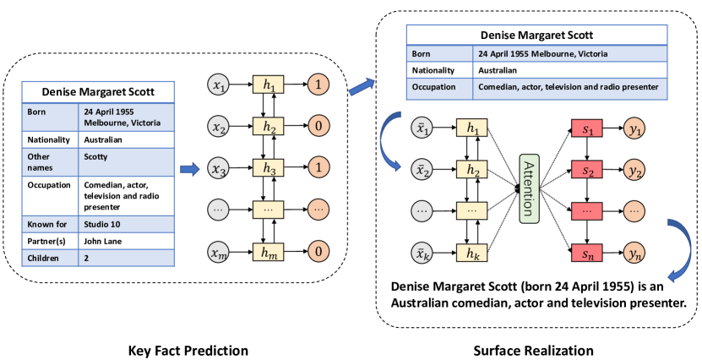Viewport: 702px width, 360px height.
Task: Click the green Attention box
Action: click(530, 189)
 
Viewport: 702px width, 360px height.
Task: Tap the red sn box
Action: click(588, 253)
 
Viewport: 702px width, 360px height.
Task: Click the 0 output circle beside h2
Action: click(318, 126)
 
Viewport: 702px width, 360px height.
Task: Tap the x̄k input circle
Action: click(420, 253)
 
